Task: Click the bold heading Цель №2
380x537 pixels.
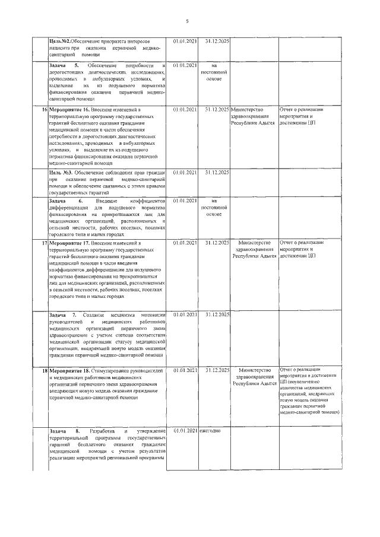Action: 59,41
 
